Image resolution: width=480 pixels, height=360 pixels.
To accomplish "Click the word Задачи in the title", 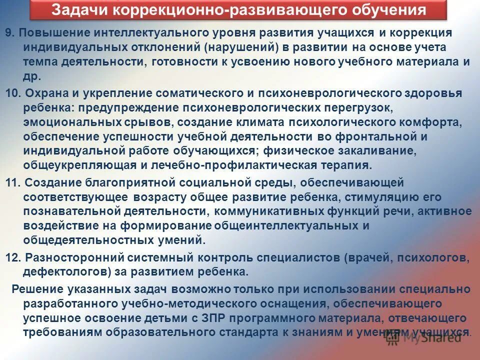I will [76, 9].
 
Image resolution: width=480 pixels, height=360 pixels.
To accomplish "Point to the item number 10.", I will [11, 93].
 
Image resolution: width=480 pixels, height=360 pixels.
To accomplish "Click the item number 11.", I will [11, 183].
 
